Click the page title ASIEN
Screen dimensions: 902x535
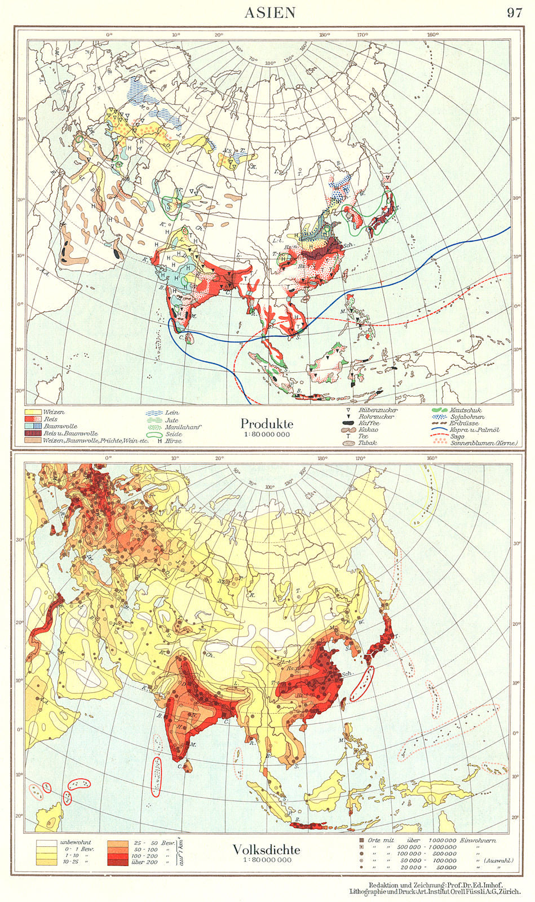(269, 12)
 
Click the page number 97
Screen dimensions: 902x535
(514, 12)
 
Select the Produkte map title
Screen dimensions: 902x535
(267, 423)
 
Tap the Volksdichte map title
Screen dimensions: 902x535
(267, 850)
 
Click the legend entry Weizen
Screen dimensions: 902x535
(54, 413)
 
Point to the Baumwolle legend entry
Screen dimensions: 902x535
(60, 427)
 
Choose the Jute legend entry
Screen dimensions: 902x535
(171, 420)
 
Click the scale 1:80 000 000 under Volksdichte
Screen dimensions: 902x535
(267, 860)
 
